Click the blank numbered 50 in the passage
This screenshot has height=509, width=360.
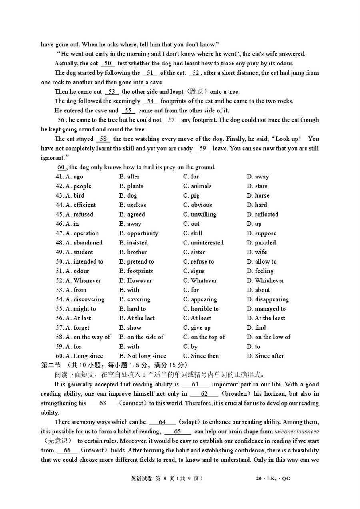pyautogui.click(x=108, y=63)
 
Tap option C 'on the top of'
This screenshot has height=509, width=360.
pyautogui.click(x=204, y=337)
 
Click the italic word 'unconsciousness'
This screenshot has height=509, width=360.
pyautogui.click(x=296, y=431)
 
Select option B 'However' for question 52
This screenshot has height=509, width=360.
pyautogui.click(x=135, y=281)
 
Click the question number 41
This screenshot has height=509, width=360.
pyautogui.click(x=60, y=177)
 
